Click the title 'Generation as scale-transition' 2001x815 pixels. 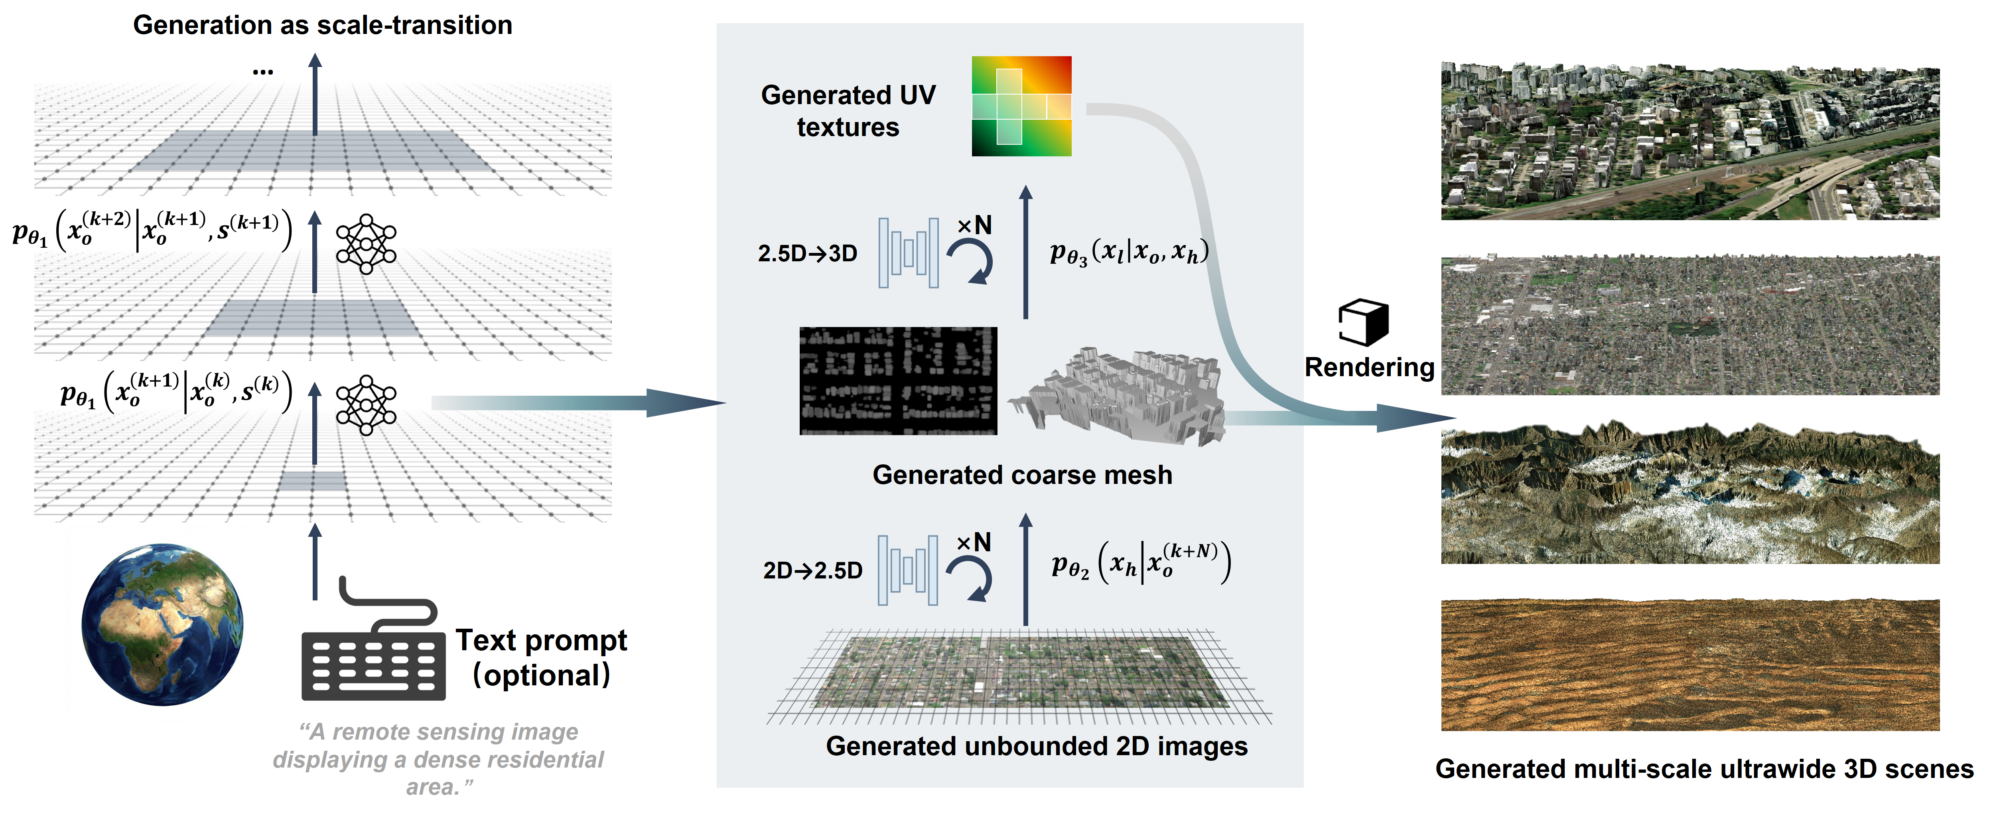tap(322, 25)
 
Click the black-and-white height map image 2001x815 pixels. tap(898, 381)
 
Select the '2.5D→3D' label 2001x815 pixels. tap(807, 253)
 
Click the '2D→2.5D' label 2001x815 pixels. tap(812, 570)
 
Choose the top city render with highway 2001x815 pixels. tap(1690, 141)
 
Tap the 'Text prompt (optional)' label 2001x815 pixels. tap(541, 657)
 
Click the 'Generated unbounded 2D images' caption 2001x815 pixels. tap(1036, 746)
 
